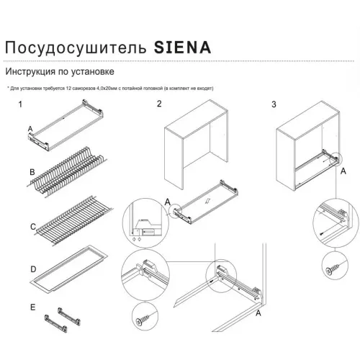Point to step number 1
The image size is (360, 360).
22,105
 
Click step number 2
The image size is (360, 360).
159,105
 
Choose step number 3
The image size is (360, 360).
274,105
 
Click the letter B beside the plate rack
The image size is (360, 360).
31,174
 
